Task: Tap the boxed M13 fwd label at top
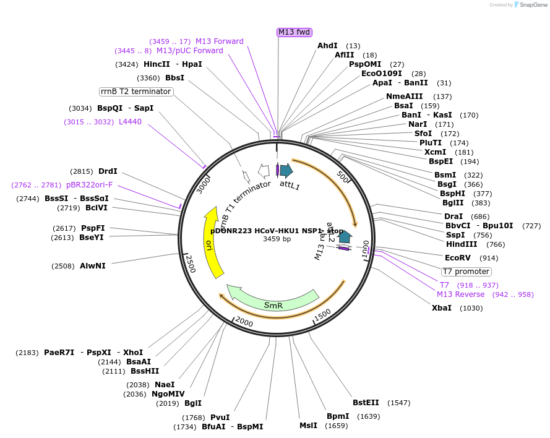click(x=294, y=32)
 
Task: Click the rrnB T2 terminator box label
click(x=136, y=92)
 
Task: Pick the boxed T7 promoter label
click(x=466, y=272)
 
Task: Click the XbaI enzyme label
click(x=442, y=307)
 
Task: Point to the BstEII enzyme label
click(x=366, y=403)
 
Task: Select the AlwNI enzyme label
click(x=92, y=266)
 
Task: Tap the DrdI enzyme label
click(x=108, y=171)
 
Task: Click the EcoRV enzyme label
click(x=458, y=258)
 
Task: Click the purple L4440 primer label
click(x=130, y=122)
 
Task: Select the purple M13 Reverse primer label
click(x=461, y=294)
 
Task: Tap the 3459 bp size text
click(x=277, y=239)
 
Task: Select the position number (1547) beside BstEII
click(x=398, y=403)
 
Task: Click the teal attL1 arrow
click(x=286, y=170)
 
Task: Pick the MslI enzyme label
click(x=308, y=426)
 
